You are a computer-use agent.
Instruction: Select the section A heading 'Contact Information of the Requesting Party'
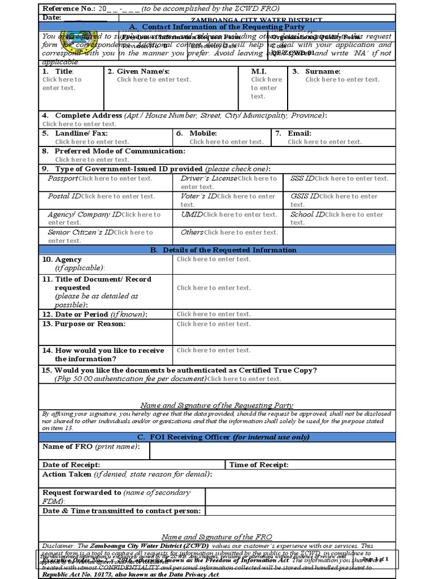pyautogui.click(x=217, y=27)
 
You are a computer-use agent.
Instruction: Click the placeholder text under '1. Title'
pyautogui.click(x=62, y=84)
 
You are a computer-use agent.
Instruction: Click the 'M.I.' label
pyautogui.click(x=258, y=71)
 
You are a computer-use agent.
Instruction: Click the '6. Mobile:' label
pyautogui.click(x=196, y=133)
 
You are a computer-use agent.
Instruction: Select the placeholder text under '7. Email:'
pyautogui.click(x=324, y=142)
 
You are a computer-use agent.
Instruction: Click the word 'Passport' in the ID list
pyautogui.click(x=63, y=178)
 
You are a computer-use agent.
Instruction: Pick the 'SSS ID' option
pyautogui.click(x=302, y=178)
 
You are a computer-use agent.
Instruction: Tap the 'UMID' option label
pyautogui.click(x=192, y=214)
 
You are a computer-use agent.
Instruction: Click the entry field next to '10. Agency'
pyautogui.click(x=214, y=259)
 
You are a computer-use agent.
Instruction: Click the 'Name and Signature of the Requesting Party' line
pyautogui.click(x=216, y=405)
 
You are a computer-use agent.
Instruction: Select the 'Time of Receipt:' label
pyautogui.click(x=259, y=465)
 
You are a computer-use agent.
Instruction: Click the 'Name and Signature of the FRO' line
pyautogui.click(x=216, y=537)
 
